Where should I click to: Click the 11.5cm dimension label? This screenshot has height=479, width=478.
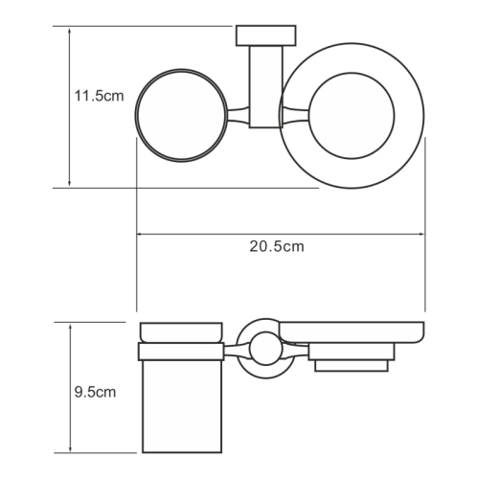pos(99,96)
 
